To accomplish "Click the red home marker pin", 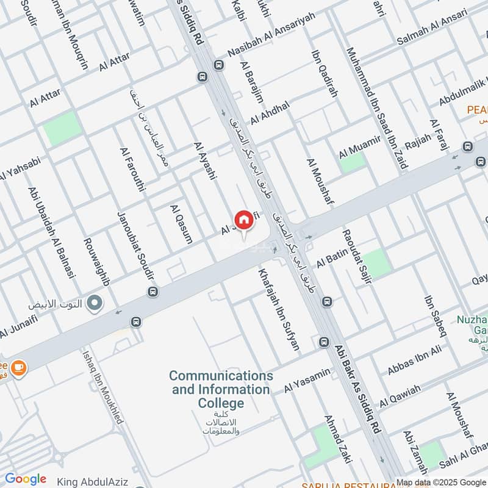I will click(243, 220).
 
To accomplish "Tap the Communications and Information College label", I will click(221, 389).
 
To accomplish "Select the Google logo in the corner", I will click(25, 479).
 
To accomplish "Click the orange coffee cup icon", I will click(18, 367).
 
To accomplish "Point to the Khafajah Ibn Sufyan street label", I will click(279, 309).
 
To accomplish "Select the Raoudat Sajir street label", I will click(353, 260).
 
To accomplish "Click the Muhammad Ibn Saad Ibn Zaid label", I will click(377, 109).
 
